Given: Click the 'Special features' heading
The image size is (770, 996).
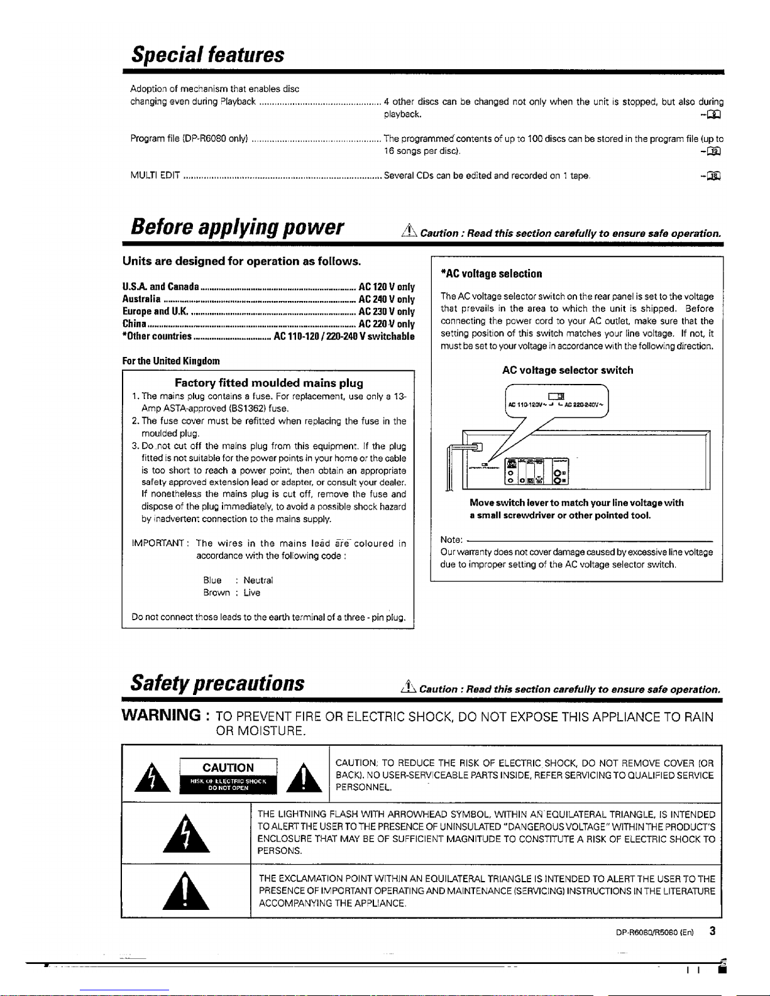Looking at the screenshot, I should (x=207, y=55).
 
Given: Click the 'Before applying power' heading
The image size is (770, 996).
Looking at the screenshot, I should (x=237, y=227).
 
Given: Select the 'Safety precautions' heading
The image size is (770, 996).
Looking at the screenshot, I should (x=217, y=683).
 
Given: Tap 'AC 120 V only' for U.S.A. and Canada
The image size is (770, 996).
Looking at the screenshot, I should (x=387, y=287).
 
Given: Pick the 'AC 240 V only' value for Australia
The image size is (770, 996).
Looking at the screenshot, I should (x=387, y=300).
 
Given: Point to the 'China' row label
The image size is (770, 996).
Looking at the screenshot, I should (x=135, y=324).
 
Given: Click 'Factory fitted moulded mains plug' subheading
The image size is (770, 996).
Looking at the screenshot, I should (x=268, y=383).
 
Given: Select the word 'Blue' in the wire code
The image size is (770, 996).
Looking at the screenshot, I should (x=212, y=581).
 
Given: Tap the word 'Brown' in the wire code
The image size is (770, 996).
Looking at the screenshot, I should (x=216, y=593).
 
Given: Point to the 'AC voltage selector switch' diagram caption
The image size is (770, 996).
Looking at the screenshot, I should (x=568, y=370).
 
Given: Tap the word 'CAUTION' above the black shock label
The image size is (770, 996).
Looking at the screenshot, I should (x=228, y=768).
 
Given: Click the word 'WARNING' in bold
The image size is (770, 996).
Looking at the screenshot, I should (x=161, y=715).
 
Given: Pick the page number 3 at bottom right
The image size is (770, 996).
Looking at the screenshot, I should (x=712, y=931).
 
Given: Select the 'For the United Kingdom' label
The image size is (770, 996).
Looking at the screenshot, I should (x=171, y=361).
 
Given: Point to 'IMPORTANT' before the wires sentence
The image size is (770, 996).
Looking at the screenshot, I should (x=157, y=544).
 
